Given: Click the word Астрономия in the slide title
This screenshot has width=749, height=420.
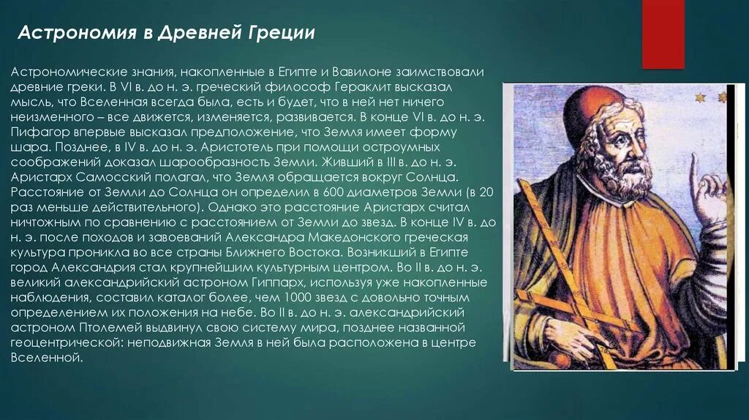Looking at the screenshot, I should (x=65, y=34).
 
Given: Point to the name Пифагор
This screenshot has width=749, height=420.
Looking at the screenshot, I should (x=37, y=132).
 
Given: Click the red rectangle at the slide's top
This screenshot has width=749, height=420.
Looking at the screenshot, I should (x=663, y=33).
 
